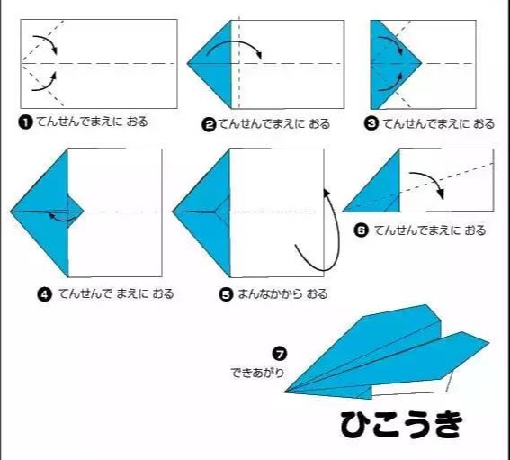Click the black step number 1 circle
coord(26,122)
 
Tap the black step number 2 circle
coord(209,125)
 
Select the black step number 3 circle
coord(371,124)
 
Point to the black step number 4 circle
coord(45,294)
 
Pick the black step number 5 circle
coord(226,294)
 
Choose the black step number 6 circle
coord(361,230)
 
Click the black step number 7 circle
coord(280,354)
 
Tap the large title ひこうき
coord(401,425)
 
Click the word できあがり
coord(257,373)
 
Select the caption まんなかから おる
coord(282,294)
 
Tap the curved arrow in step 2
coord(235,43)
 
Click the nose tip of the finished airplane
coord(285,392)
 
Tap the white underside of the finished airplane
coord(413,387)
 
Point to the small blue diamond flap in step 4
coord(75,212)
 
